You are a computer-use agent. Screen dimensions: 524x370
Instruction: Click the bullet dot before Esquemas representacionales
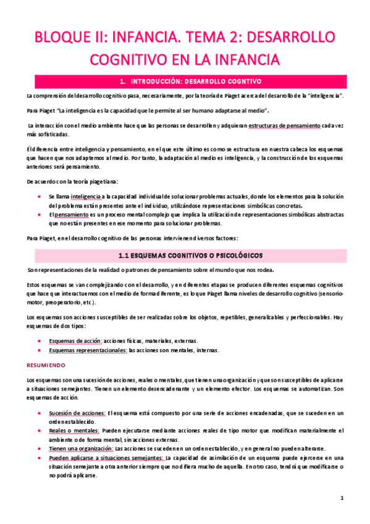40,350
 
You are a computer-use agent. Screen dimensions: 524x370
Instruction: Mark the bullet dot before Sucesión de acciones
40,412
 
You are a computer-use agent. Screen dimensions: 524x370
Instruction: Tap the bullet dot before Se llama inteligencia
40,195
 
